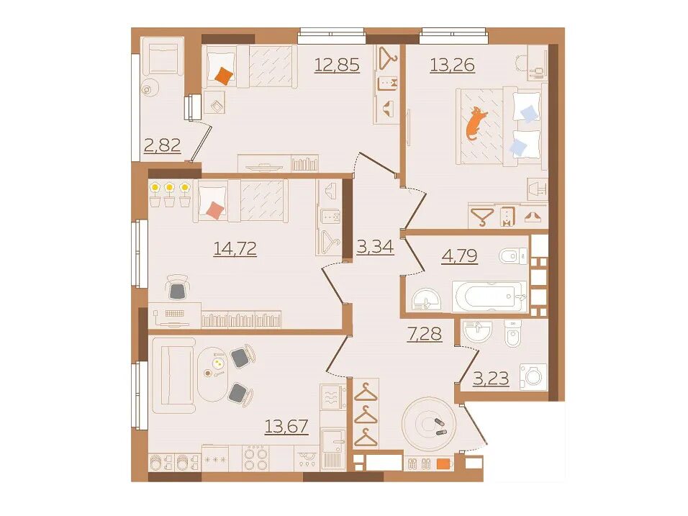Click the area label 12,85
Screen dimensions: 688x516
pyautogui.click(x=337, y=65)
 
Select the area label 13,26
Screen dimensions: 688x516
pyautogui.click(x=453, y=65)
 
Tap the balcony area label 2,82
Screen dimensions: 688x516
pyautogui.click(x=163, y=145)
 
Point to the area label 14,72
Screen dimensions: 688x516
pyautogui.click(x=235, y=248)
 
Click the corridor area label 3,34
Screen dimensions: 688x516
pyautogui.click(x=375, y=247)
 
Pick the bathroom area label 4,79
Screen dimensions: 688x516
pyautogui.click(x=459, y=255)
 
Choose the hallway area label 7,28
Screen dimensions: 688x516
pyautogui.click(x=425, y=335)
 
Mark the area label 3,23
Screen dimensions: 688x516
pyautogui.click(x=491, y=378)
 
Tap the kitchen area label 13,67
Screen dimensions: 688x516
pyautogui.click(x=286, y=426)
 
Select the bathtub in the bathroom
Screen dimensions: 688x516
pyautogui.click(x=489, y=297)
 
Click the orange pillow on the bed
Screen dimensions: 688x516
pyautogui.click(x=225, y=76)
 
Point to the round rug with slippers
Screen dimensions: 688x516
pyautogui.click(x=429, y=424)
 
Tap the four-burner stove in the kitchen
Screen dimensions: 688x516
pyautogui.click(x=255, y=458)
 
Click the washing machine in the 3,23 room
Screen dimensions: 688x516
pyautogui.click(x=533, y=376)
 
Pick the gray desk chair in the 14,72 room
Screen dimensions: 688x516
pyautogui.click(x=178, y=288)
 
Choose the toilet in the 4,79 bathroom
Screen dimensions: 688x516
pyautogui.click(x=513, y=255)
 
